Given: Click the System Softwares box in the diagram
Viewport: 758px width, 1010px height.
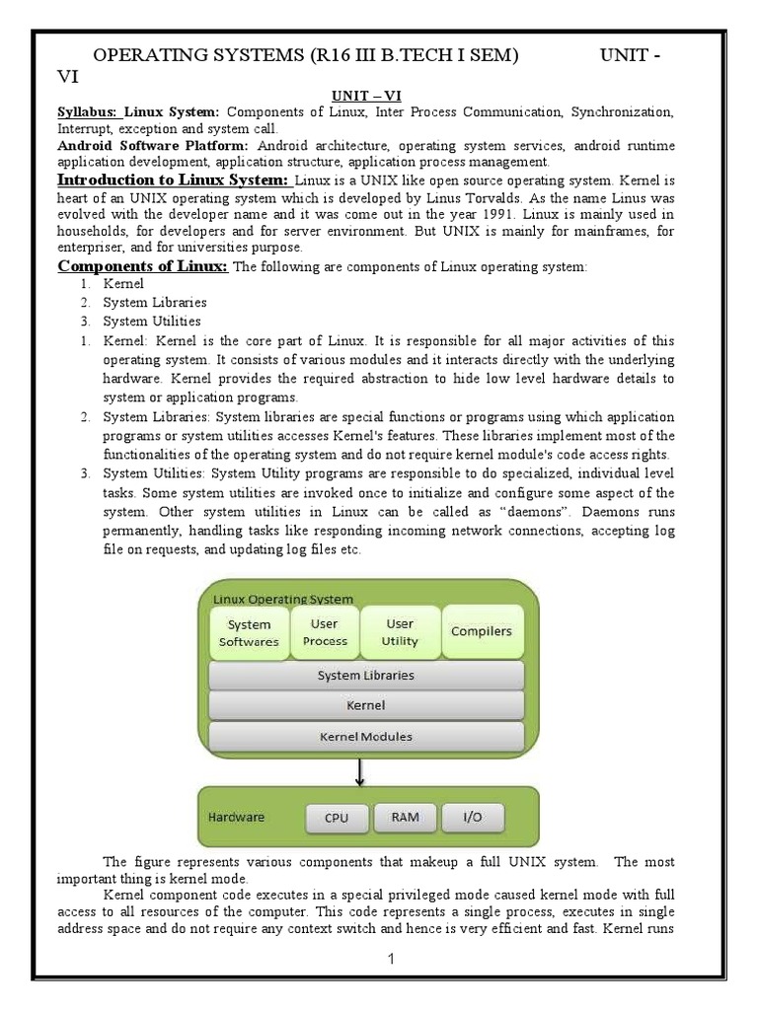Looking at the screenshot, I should (x=249, y=632).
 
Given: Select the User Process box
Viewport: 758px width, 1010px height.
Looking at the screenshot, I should (x=325, y=632).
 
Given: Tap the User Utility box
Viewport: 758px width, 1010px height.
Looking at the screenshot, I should (x=400, y=632).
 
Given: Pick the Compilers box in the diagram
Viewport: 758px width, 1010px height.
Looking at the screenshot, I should (x=481, y=631).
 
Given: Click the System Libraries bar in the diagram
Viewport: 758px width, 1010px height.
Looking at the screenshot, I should (x=365, y=676).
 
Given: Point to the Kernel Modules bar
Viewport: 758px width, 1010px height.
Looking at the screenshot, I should (x=365, y=736).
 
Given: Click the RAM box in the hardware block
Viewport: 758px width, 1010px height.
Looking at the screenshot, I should (x=405, y=818).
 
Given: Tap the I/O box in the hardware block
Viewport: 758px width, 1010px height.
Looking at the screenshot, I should (x=471, y=818).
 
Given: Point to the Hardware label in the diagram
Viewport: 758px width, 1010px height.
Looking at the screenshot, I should (x=236, y=818).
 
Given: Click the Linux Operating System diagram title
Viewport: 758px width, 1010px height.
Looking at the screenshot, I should (x=283, y=599).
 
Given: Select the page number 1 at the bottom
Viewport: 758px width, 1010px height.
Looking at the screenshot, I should (x=391, y=960).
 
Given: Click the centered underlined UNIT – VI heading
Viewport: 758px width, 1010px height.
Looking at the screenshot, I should (x=365, y=96).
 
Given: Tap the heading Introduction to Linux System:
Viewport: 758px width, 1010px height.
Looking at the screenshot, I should (x=173, y=180).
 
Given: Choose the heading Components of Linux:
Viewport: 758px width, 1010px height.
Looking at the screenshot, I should (x=143, y=267).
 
